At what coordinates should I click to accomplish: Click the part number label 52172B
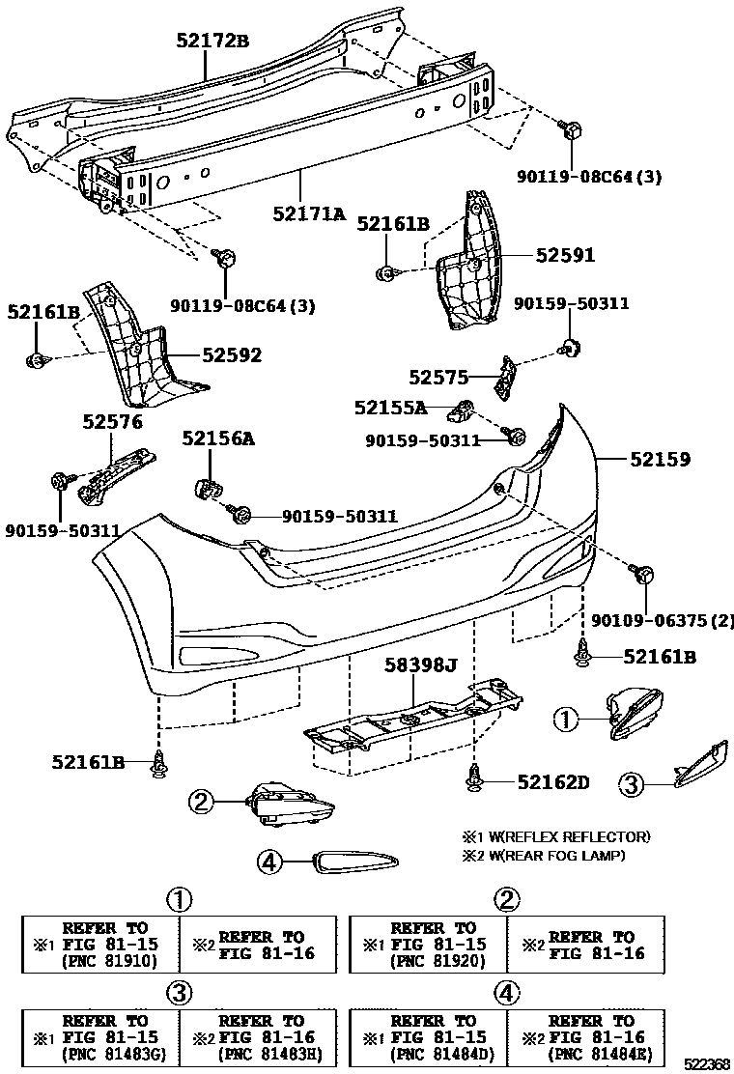[x=212, y=41]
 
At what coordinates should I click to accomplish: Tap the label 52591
[x=565, y=256]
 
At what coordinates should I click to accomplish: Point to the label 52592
[x=232, y=355]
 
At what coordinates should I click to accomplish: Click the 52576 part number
[x=112, y=421]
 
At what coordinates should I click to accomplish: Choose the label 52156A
[x=218, y=438]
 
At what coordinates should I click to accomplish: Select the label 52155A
[x=389, y=409]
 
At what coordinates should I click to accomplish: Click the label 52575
[x=438, y=377]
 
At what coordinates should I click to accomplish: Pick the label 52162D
[x=552, y=780]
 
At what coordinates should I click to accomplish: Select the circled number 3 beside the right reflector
[x=631, y=785]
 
